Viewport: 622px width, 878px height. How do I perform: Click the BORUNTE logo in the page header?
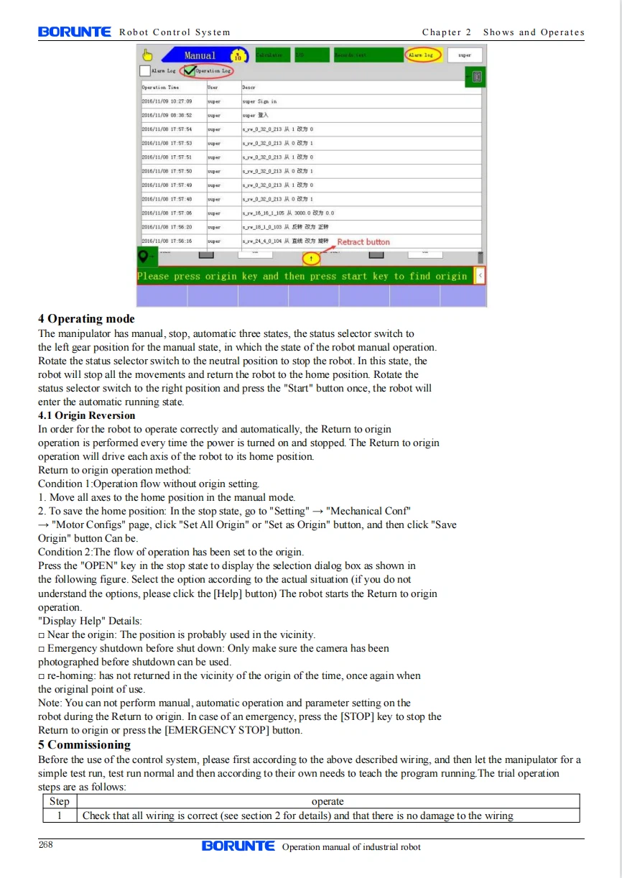[x=75, y=32]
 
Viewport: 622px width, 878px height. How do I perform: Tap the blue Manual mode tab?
[x=199, y=55]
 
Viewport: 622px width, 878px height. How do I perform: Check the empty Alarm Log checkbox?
[x=144, y=70]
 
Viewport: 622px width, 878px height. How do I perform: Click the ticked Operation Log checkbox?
[x=190, y=70]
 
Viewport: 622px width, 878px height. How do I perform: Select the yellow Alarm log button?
[x=421, y=55]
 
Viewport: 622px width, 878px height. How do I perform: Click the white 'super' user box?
[x=465, y=55]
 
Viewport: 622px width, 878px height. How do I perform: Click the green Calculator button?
[x=272, y=55]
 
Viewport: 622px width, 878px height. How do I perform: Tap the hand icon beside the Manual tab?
[x=148, y=55]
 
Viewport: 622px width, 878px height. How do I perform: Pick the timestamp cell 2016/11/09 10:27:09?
[x=167, y=101]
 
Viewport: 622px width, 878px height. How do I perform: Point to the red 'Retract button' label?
[x=363, y=242]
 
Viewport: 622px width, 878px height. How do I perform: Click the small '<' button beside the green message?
[x=480, y=276]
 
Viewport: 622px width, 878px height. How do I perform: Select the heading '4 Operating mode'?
[x=86, y=319]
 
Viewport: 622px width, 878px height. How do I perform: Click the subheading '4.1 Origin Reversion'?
[x=86, y=415]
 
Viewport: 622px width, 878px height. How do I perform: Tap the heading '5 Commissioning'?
[x=84, y=744]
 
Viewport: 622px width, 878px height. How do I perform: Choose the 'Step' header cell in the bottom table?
[x=59, y=801]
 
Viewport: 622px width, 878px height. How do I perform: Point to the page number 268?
[x=46, y=844]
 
